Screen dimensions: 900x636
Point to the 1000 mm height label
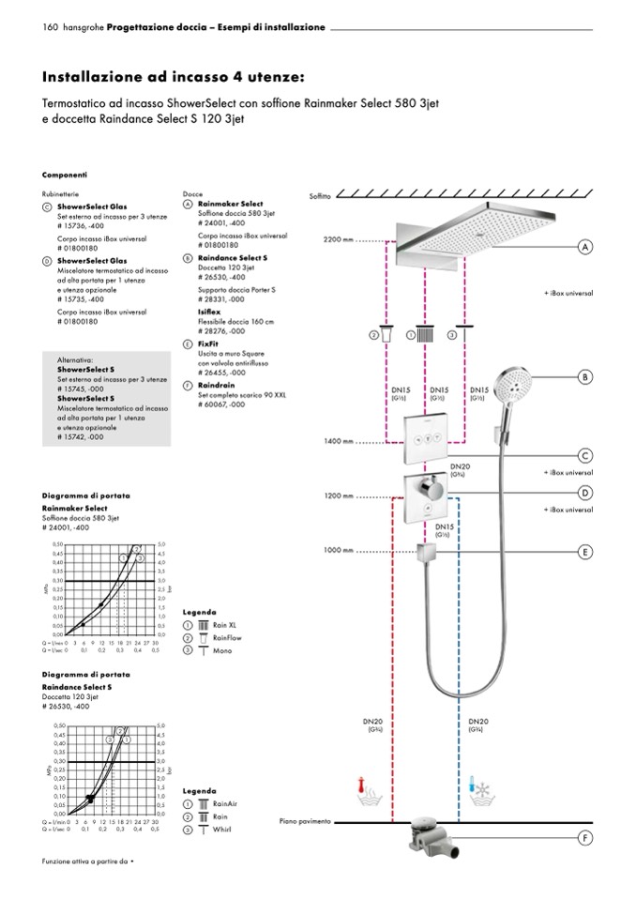pyautogui.click(x=338, y=551)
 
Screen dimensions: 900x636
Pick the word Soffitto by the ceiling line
pyautogui.click(x=321, y=196)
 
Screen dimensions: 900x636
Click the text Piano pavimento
pyautogui.click(x=305, y=822)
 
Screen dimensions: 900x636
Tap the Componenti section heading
pyautogui.click(x=65, y=175)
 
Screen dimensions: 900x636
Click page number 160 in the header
pyautogui.click(x=51, y=27)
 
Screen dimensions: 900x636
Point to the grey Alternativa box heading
pyautogui.click(x=75, y=359)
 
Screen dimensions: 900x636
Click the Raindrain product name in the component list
pyautogui.click(x=216, y=385)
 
